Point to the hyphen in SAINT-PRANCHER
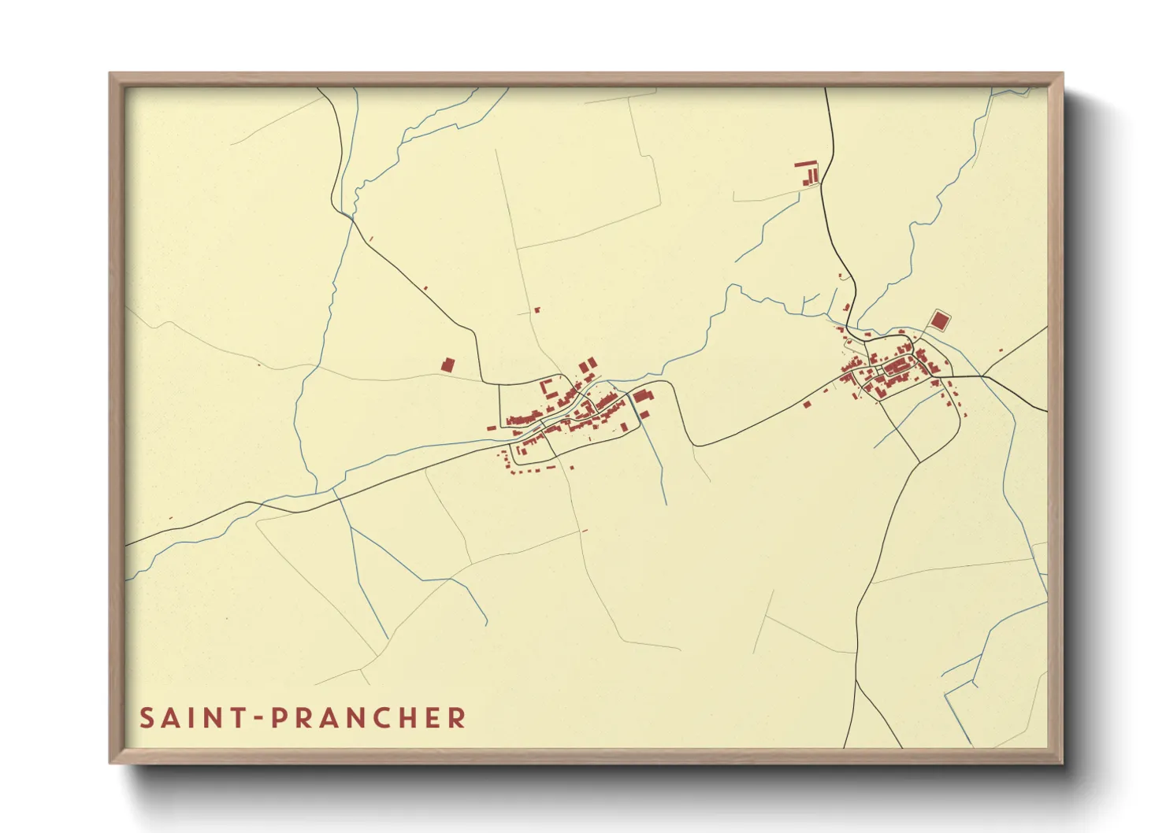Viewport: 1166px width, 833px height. (261, 719)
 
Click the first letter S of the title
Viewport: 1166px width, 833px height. (147, 718)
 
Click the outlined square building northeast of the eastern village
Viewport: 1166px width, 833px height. (939, 320)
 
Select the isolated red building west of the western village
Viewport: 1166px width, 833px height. (447, 365)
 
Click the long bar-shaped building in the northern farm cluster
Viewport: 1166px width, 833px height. (805, 164)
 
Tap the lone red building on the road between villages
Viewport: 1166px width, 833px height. (807, 405)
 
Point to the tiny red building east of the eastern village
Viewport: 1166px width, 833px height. (1001, 350)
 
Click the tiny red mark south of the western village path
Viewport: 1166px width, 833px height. (585, 531)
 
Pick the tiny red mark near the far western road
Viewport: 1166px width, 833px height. (171, 517)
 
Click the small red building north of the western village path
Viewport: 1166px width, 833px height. (539, 309)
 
